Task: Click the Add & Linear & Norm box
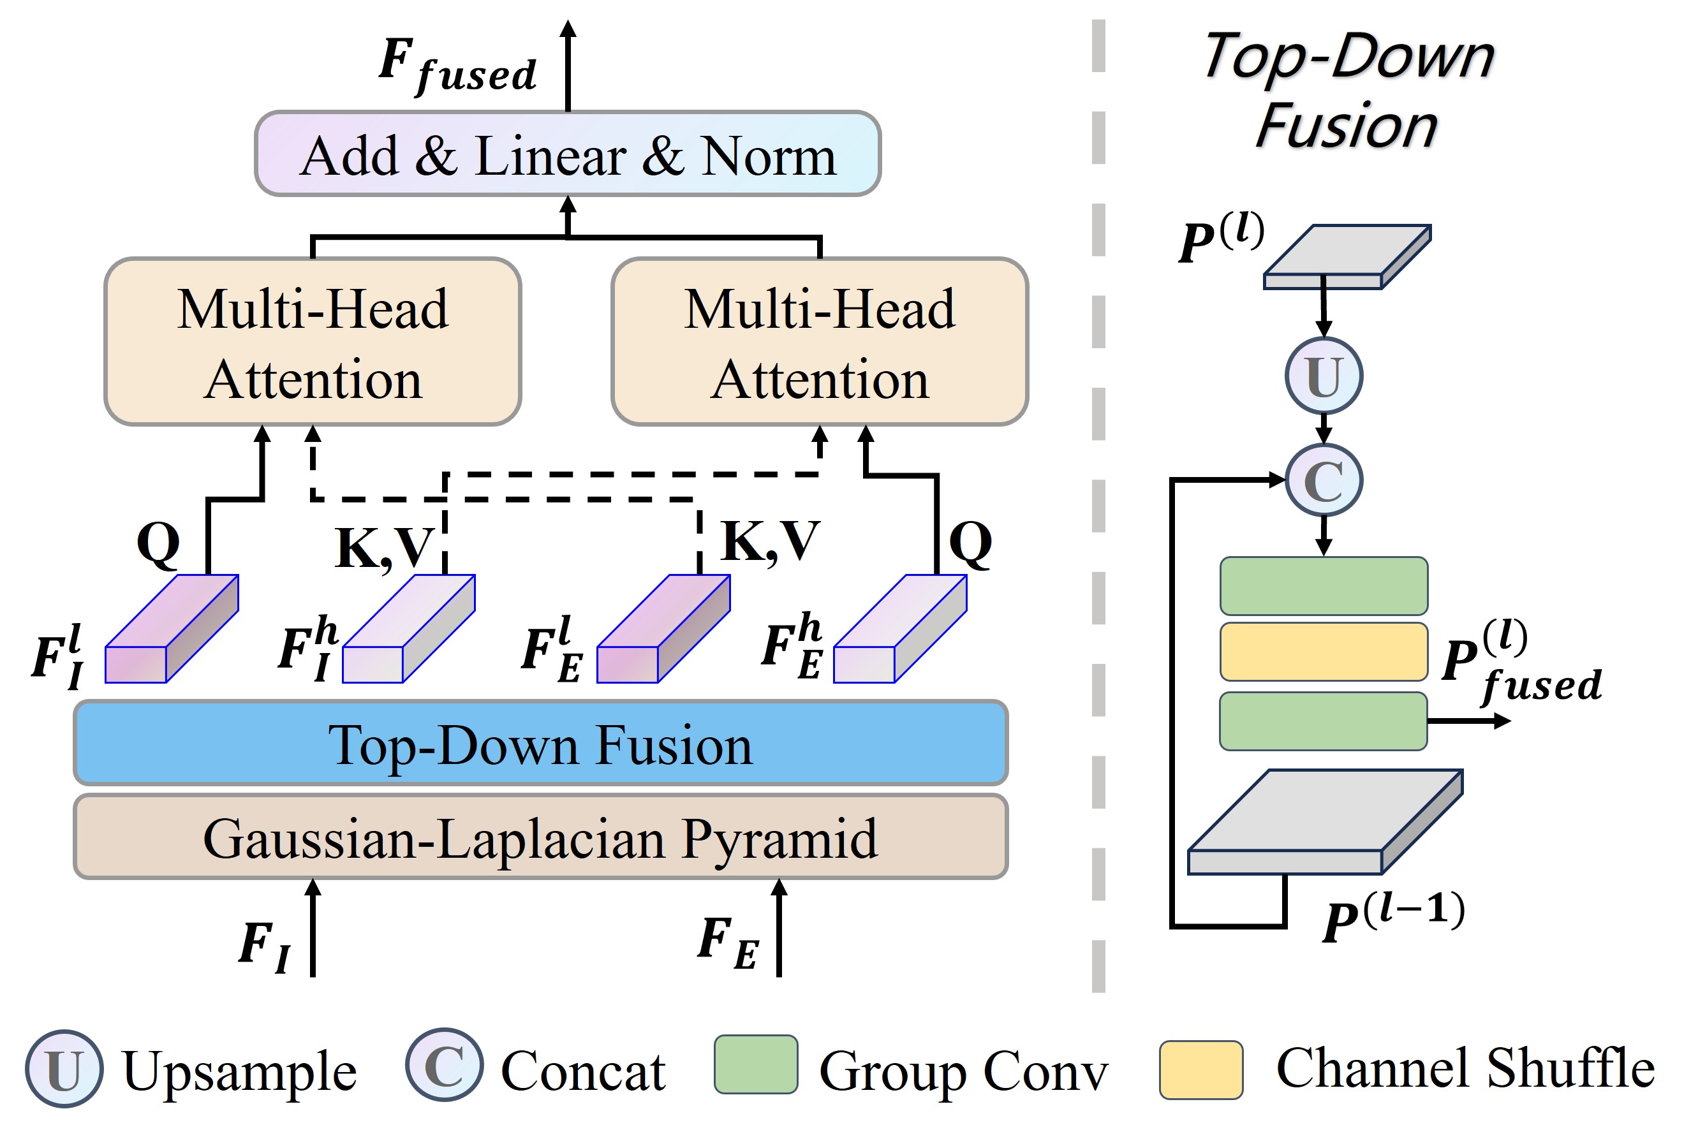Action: (x=567, y=154)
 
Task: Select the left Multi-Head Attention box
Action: (x=313, y=341)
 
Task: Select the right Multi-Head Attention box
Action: (x=820, y=341)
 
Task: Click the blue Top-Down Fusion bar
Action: (x=540, y=743)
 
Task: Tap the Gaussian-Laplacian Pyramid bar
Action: (x=540, y=837)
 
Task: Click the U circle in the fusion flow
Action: (x=1324, y=376)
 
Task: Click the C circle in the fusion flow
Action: (x=1324, y=480)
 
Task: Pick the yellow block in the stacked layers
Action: (x=1324, y=652)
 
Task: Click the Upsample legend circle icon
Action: (x=64, y=1069)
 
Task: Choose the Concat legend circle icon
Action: (x=444, y=1066)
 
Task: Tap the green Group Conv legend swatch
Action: (x=755, y=1064)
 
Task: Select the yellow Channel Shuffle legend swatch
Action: (x=1200, y=1069)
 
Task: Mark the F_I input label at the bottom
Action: (x=265, y=944)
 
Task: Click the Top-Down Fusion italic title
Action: (x=1347, y=91)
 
